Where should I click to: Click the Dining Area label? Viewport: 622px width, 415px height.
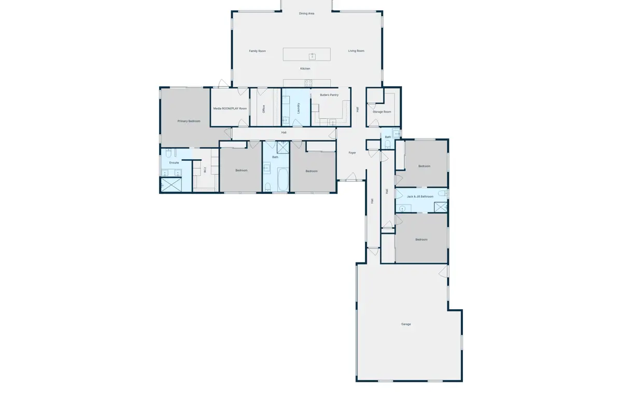[306, 13]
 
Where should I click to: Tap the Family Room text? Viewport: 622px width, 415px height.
[258, 51]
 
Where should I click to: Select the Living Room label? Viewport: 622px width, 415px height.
[356, 51]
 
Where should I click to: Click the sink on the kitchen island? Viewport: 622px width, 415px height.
[312, 57]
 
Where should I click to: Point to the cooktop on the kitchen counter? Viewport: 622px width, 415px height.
[308, 83]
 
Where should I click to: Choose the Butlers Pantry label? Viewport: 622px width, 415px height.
[329, 95]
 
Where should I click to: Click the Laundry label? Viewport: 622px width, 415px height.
[299, 108]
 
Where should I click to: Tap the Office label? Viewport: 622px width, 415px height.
[263, 109]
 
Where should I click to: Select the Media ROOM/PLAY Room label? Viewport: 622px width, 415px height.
[230, 108]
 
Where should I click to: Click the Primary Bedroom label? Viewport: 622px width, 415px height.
[189, 121]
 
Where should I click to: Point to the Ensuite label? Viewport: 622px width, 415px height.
[174, 162]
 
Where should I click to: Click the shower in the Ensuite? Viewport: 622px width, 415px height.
[172, 185]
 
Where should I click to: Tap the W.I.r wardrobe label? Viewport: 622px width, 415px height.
[205, 170]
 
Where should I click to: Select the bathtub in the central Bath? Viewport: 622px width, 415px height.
[283, 179]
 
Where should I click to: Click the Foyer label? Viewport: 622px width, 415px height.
[352, 153]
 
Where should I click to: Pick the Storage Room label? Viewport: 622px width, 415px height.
[382, 112]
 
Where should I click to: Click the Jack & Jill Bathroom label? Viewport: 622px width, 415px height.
[420, 197]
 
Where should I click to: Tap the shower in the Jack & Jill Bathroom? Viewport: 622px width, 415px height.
[441, 208]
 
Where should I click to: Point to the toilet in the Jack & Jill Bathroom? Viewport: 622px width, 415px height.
[443, 193]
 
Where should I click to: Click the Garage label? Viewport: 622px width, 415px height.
[406, 324]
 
